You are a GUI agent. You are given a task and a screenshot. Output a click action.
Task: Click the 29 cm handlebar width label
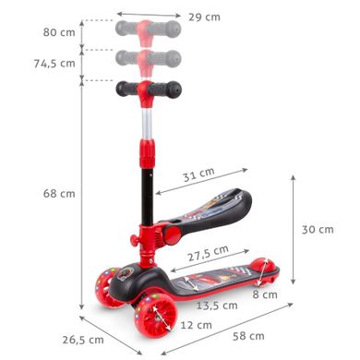[x=204, y=17]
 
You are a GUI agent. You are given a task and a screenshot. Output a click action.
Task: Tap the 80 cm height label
[x=59, y=32]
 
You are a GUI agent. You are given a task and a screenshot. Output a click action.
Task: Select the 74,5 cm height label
[x=54, y=64]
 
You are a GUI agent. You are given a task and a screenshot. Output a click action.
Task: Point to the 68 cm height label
[x=59, y=194]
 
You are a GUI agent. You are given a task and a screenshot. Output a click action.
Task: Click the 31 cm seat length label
[x=198, y=174]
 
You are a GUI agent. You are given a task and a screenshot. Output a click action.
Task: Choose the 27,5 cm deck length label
[x=209, y=253]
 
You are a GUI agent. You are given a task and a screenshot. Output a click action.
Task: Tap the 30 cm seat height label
[x=318, y=230]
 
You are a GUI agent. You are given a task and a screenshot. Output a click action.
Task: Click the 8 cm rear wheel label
[x=265, y=294]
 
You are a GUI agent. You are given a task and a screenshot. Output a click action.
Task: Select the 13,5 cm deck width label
[x=217, y=306]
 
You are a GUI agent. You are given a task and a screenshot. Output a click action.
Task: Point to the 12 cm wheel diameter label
[x=196, y=325]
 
